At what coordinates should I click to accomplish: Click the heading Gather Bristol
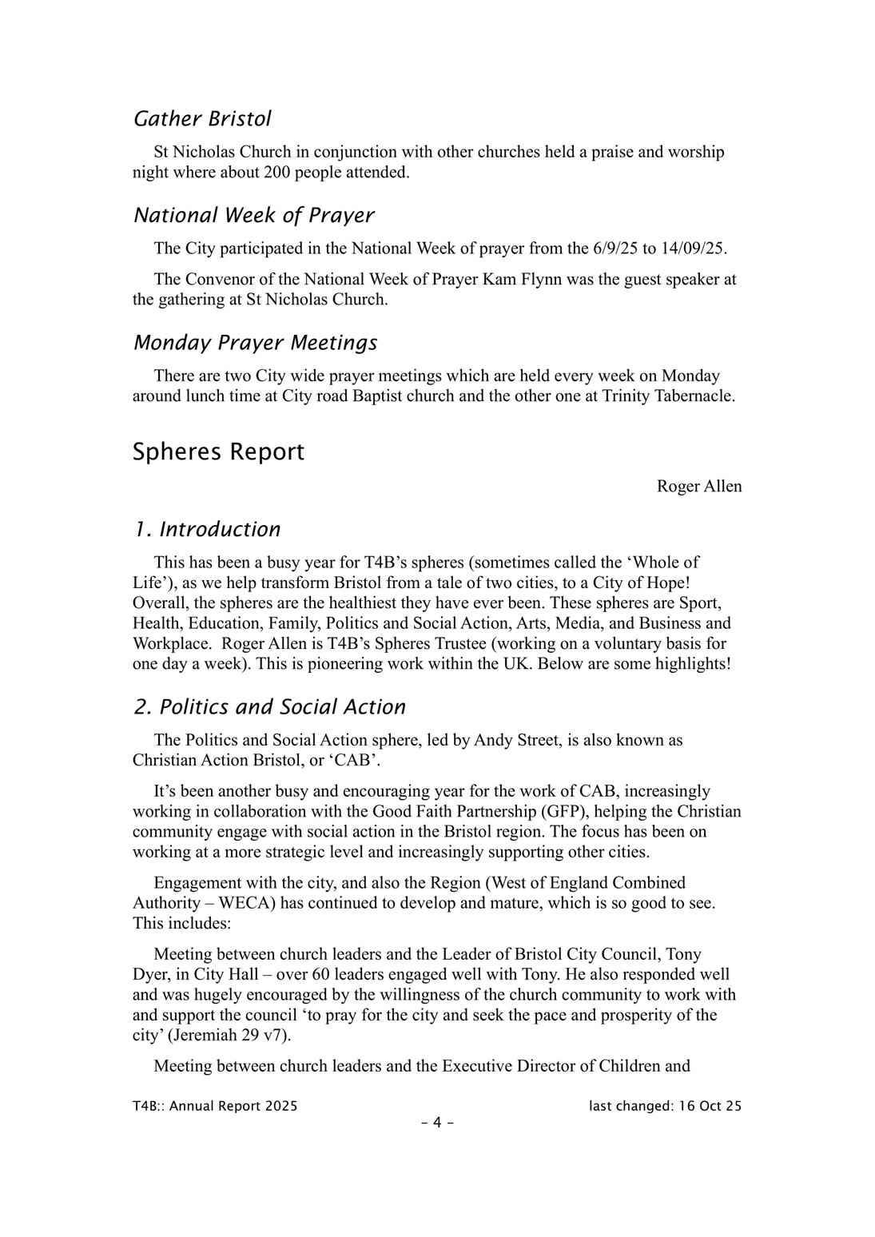pos(202,119)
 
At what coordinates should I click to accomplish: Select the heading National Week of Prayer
pos(253,216)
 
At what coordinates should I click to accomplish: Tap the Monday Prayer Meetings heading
pos(255,343)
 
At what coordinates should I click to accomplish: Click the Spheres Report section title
pos(218,451)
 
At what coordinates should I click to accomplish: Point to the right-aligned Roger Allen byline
pos(698,487)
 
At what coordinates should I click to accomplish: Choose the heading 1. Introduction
pos(207,530)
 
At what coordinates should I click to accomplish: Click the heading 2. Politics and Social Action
pos(269,707)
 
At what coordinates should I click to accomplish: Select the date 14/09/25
pos(694,249)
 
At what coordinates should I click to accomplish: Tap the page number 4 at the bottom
pos(437,1123)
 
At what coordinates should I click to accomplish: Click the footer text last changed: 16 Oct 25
pos(665,1107)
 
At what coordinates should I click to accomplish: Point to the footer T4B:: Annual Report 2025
pos(215,1107)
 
